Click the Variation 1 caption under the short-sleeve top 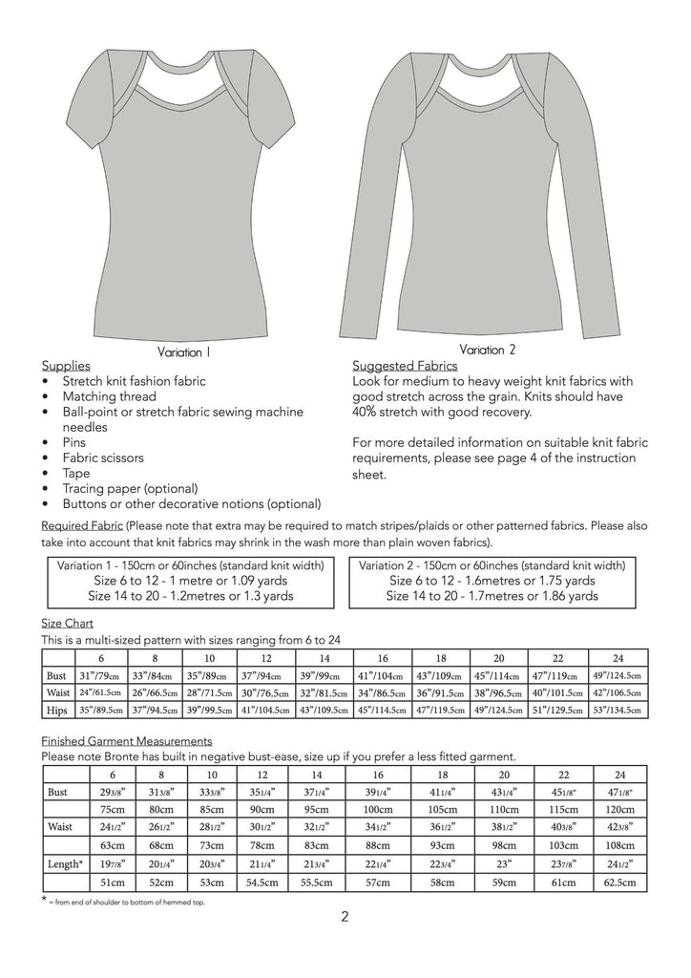[183, 352]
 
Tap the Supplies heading [66, 366]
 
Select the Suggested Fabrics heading [405, 366]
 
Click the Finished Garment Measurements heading [127, 740]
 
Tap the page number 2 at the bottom [345, 919]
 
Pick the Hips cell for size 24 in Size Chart [618, 711]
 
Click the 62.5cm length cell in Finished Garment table [618, 883]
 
